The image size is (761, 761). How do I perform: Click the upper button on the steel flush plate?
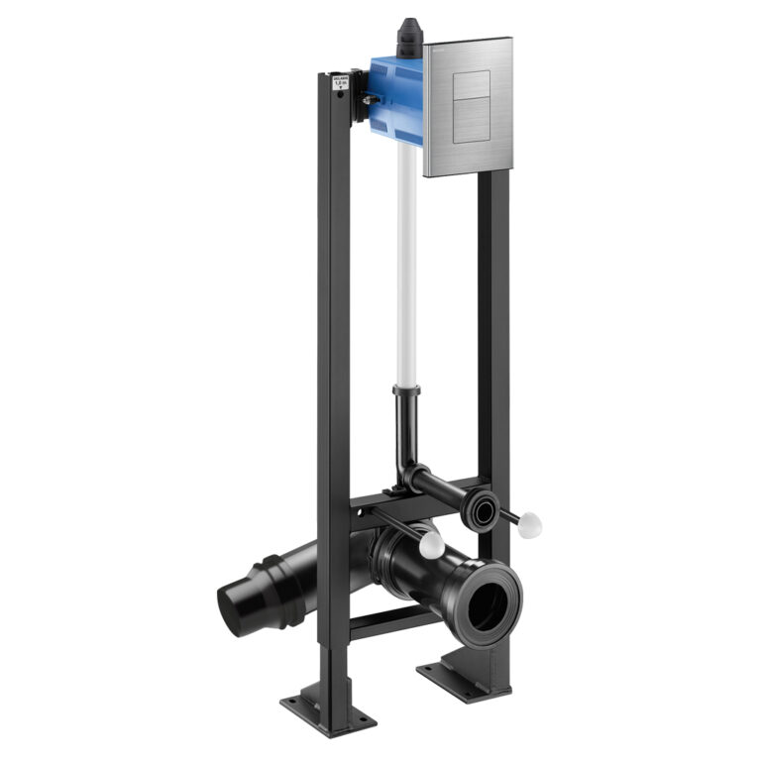(469, 85)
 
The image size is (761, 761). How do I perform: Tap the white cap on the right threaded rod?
(528, 523)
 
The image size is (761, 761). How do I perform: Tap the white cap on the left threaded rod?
(431, 544)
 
